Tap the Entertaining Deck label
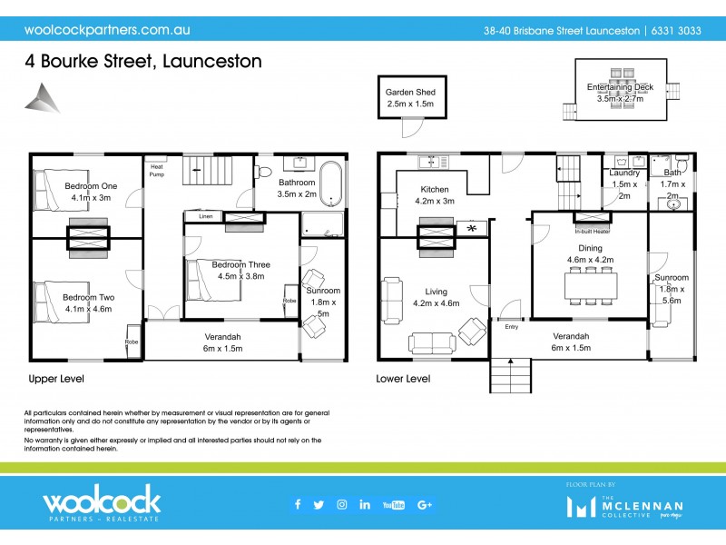pyautogui.click(x=620, y=87)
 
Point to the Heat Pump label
pyautogui.click(x=157, y=170)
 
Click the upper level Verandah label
pyautogui.click(x=222, y=335)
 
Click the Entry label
pyautogui.click(x=512, y=328)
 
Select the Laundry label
pyautogui.click(x=624, y=173)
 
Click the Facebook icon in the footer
pyautogui.click(x=298, y=505)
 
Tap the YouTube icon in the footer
pyautogui.click(x=394, y=505)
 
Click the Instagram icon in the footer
pyautogui.click(x=342, y=505)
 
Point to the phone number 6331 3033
pyautogui.click(x=676, y=30)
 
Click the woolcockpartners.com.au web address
pyautogui.click(x=106, y=29)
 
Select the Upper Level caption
pyautogui.click(x=56, y=378)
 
